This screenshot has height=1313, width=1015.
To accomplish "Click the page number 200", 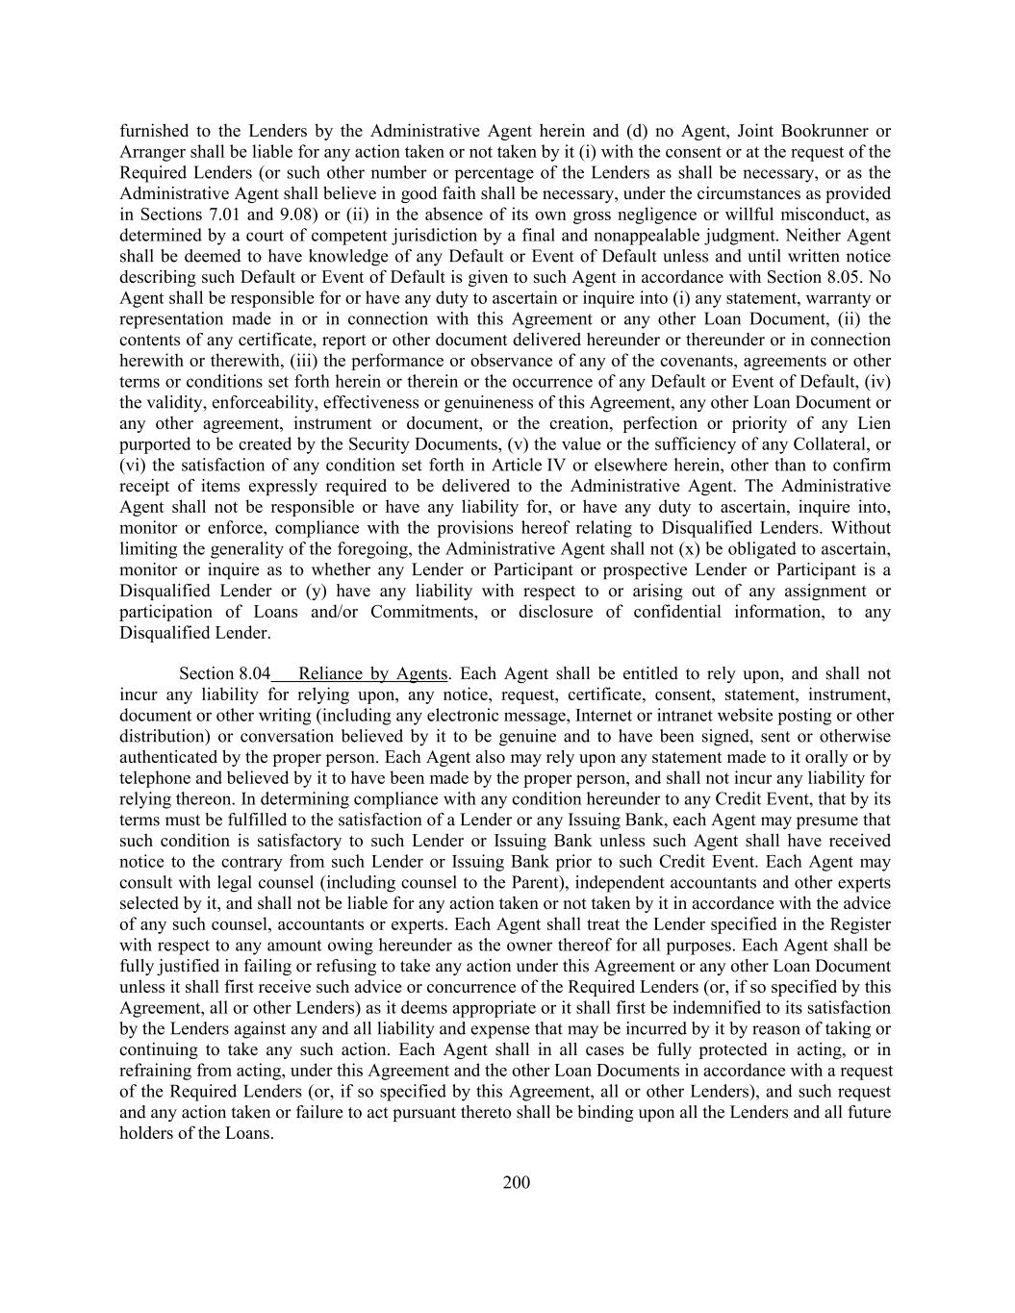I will pos(516,1182).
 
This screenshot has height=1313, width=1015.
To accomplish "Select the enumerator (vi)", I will pos(132,466).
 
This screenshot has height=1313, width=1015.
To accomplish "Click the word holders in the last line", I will pos(146,1133).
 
